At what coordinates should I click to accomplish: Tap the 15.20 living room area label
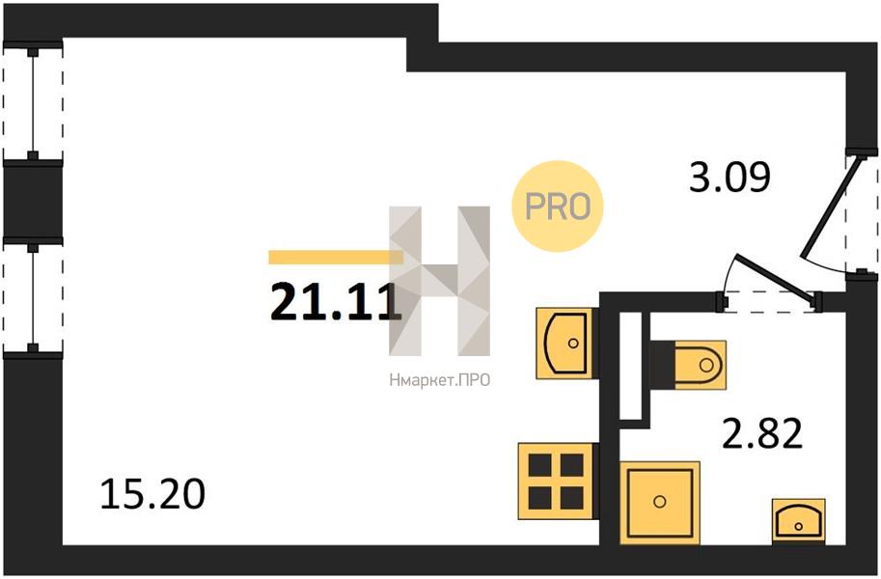[x=152, y=495]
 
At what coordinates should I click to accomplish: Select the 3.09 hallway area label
[x=729, y=178]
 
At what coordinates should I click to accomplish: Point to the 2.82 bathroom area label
[x=762, y=435]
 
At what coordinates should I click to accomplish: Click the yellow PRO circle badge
[x=557, y=206]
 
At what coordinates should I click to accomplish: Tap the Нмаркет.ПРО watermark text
[x=438, y=380]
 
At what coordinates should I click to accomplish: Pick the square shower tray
[x=660, y=502]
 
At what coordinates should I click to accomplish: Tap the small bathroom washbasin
[x=799, y=521]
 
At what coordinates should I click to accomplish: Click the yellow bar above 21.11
[x=334, y=257]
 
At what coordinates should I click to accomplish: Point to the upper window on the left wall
[x=34, y=101]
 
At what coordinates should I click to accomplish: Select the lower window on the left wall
[x=34, y=297]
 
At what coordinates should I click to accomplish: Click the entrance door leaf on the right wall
[x=827, y=209]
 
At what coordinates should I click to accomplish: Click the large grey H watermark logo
[x=439, y=280]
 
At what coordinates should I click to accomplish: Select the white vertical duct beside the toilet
[x=629, y=367]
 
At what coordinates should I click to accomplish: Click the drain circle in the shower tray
[x=660, y=502]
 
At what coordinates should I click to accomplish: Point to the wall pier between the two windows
[x=32, y=200]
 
